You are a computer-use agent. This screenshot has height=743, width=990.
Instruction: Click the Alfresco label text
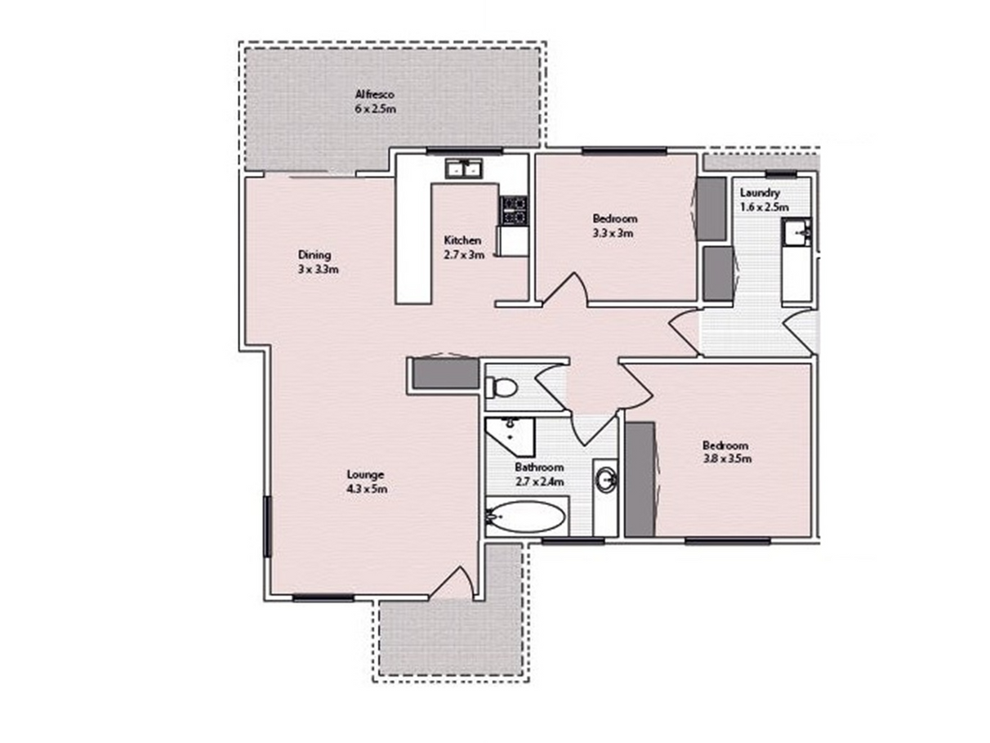[374, 94]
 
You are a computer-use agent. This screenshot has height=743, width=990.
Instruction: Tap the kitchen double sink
[464, 168]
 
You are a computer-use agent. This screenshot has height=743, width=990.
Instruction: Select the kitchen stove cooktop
[513, 211]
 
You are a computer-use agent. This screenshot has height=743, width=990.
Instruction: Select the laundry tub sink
[796, 231]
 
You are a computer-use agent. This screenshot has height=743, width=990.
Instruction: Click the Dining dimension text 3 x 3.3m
[318, 269]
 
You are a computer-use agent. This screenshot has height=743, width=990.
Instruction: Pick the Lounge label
[365, 474]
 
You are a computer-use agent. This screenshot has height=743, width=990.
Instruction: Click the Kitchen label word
[462, 240]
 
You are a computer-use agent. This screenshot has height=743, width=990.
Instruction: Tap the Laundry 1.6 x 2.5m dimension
[764, 207]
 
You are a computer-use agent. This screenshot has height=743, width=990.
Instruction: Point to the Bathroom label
[539, 467]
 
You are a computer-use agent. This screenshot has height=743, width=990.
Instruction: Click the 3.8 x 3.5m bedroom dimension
[727, 459]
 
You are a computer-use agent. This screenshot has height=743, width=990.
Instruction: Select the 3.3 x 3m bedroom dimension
[613, 233]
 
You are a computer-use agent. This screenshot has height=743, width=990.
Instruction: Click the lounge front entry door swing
[451, 583]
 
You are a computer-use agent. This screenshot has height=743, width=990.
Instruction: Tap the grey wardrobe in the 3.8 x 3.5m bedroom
[640, 479]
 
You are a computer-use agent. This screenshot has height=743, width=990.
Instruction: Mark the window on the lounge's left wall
[267, 526]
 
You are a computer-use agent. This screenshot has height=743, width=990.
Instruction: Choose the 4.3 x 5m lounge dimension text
[367, 489]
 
